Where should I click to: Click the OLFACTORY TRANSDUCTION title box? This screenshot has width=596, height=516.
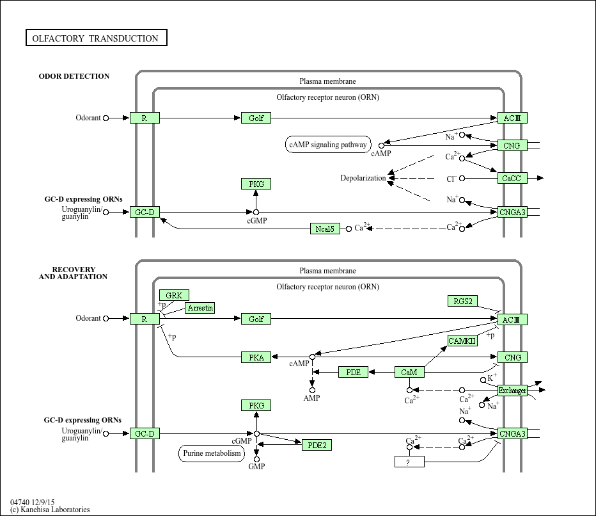click(x=96, y=38)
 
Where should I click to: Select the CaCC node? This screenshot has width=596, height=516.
click(x=512, y=179)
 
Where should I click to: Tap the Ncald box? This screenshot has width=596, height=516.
click(x=325, y=229)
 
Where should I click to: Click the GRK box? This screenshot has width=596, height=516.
click(x=174, y=295)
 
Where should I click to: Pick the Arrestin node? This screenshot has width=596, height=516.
click(x=200, y=309)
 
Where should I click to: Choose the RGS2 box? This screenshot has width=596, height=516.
click(x=462, y=302)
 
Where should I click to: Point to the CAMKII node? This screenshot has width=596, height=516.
click(x=462, y=341)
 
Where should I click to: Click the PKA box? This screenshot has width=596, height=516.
click(x=256, y=358)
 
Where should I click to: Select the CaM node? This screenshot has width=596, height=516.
click(x=409, y=372)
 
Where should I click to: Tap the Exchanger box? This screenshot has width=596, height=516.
click(x=512, y=390)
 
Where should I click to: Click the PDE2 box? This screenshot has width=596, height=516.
click(x=317, y=445)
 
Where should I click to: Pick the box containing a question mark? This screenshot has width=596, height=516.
click(x=409, y=462)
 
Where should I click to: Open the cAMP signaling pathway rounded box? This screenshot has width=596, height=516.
click(x=328, y=145)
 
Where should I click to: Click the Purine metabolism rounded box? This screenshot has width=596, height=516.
click(x=211, y=454)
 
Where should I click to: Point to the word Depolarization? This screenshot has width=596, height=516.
click(x=363, y=178)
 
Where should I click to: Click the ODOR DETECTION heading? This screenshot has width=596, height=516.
click(x=74, y=76)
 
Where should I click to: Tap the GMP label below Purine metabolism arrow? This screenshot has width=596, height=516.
click(x=256, y=467)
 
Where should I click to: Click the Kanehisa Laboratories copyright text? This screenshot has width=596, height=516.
click(x=50, y=510)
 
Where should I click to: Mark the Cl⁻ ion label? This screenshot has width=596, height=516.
click(x=451, y=179)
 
